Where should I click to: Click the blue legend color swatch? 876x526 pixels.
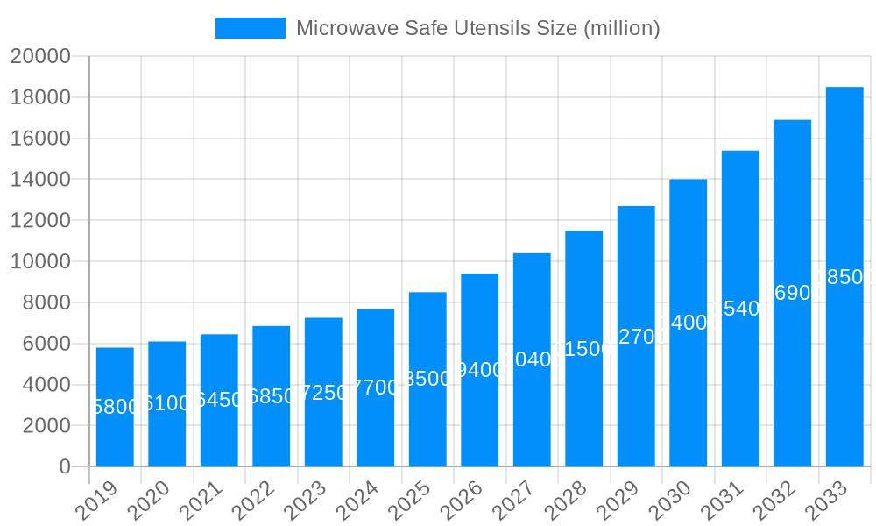click(251, 28)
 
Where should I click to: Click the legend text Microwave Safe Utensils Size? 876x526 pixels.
click(477, 28)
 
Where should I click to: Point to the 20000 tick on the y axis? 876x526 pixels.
click(40, 56)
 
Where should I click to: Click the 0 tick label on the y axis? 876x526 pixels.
click(65, 466)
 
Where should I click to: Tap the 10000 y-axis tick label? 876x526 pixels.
click(40, 261)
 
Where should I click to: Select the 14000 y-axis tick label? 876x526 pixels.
click(40, 180)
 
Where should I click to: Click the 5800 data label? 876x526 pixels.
click(115, 407)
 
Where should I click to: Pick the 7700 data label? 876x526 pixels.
click(376, 387)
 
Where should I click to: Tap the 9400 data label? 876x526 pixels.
click(480, 370)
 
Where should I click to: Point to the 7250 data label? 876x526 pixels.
click(323, 393)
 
